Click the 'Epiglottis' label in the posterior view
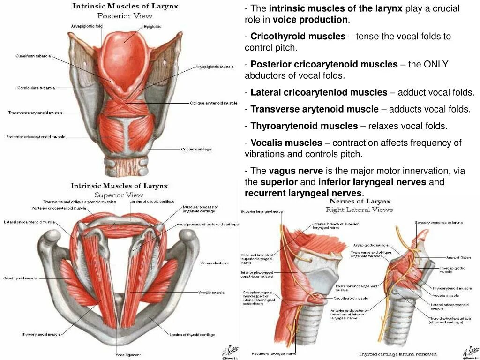[x=152, y=27]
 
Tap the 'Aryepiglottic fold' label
[x=87, y=26]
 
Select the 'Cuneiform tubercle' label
[x=33, y=56]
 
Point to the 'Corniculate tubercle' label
[x=36, y=88]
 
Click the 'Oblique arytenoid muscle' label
[x=214, y=103]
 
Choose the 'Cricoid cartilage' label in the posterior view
[x=196, y=149]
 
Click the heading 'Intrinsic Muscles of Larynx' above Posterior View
[x=125, y=7]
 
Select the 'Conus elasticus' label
[x=215, y=263]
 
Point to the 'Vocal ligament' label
[x=128, y=355]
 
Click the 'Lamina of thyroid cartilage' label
[x=192, y=335]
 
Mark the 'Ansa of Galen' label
[x=458, y=257]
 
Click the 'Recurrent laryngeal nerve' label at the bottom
[x=274, y=353]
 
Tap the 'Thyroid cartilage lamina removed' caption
[x=397, y=354]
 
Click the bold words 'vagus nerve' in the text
[x=296, y=171]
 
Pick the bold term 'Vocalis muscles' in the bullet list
[x=286, y=142]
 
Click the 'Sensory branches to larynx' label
[x=439, y=222]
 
